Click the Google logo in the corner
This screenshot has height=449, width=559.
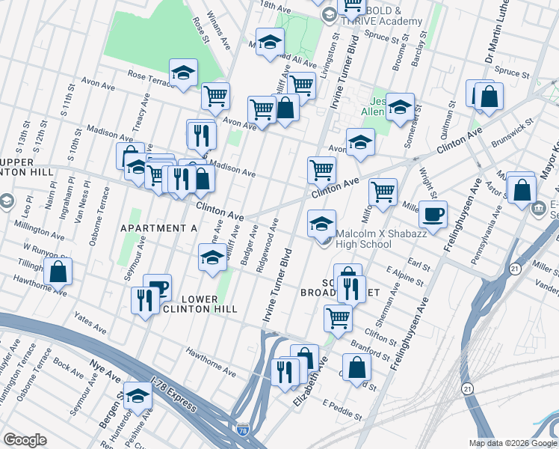[x=25, y=440]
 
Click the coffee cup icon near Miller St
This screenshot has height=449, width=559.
[x=433, y=215]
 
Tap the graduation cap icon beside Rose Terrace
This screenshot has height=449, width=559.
[x=183, y=73]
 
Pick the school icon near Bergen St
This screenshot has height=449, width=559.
[x=138, y=396]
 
